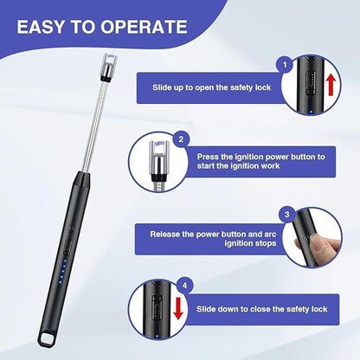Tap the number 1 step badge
point(284,64)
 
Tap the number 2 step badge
point(181,138)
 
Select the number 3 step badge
point(286,213)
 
